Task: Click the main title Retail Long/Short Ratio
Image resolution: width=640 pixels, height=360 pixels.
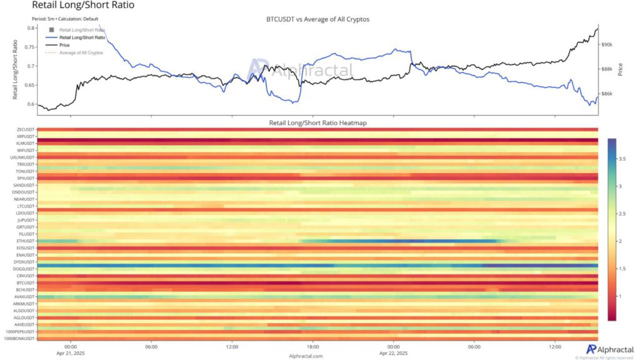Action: click(x=82, y=6)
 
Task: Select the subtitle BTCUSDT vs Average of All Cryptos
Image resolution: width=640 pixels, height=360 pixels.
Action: click(x=317, y=19)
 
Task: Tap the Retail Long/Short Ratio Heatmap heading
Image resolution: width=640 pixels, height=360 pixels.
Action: click(x=317, y=123)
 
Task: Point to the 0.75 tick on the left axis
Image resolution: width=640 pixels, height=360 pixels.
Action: click(x=28, y=47)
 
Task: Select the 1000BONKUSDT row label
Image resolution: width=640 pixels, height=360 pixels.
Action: click(x=19, y=339)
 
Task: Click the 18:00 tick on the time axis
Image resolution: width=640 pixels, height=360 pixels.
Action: click(x=312, y=347)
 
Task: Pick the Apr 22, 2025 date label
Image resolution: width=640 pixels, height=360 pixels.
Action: click(x=393, y=353)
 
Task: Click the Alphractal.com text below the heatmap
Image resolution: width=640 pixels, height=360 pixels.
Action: click(x=306, y=356)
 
